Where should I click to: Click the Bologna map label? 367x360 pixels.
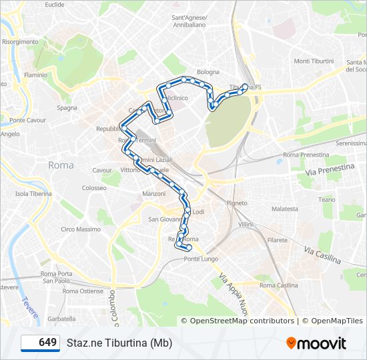click(x=208, y=72)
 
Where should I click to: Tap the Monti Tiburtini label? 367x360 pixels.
click(x=314, y=61)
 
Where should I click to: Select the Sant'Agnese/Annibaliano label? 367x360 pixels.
click(x=190, y=21)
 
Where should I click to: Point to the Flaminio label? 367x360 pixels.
click(x=35, y=75)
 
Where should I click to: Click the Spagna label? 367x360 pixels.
click(x=67, y=107)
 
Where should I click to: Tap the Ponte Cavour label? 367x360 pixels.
click(x=27, y=121)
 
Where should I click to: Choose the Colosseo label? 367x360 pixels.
click(x=94, y=188)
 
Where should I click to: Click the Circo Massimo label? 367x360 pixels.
click(x=80, y=229)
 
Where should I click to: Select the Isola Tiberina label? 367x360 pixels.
click(x=33, y=194)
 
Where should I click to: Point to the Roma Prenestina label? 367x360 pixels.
click(x=306, y=155)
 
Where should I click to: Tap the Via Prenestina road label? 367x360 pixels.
click(x=330, y=171)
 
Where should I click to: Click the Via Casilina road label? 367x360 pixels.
click(x=322, y=254)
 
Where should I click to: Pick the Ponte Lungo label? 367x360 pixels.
click(x=201, y=259)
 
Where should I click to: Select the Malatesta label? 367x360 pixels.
click(x=285, y=209)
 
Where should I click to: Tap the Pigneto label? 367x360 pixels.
click(x=237, y=203)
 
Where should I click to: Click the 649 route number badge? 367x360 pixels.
click(x=41, y=343)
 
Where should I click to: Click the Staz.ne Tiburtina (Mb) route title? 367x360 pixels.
click(x=119, y=343)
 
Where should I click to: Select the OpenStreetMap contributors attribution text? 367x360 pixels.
click(x=242, y=321)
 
